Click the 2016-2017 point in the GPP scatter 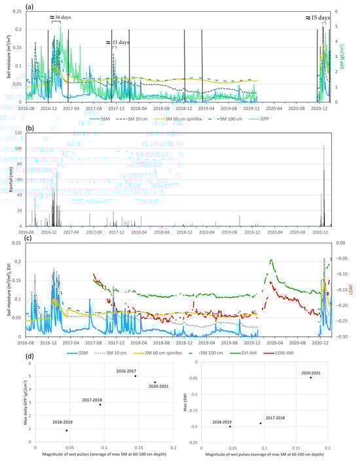135,376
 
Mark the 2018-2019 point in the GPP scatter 66,430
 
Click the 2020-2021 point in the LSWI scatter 310,378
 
